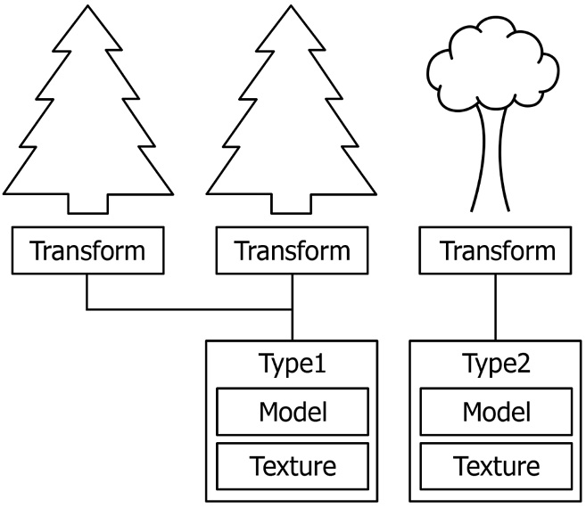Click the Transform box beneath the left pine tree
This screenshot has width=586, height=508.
tap(87, 250)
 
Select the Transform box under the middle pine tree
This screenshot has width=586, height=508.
tap(292, 250)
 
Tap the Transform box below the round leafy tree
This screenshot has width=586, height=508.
tap(498, 250)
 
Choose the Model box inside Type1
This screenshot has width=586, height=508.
tap(292, 412)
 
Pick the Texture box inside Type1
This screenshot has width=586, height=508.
tap(292, 465)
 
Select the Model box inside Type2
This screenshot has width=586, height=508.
tap(498, 412)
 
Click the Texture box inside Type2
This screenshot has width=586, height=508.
tap(498, 465)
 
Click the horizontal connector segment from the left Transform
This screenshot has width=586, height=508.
tap(187, 310)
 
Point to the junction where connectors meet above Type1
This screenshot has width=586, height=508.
tap(292, 310)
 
